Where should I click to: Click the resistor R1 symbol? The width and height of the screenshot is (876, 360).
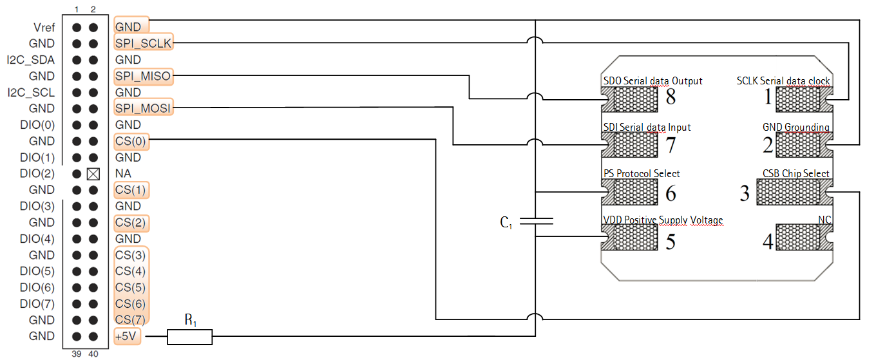189,336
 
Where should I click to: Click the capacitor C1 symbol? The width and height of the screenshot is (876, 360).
536,222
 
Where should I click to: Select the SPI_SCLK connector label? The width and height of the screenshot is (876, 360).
143,43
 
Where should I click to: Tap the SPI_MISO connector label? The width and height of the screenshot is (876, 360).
143,76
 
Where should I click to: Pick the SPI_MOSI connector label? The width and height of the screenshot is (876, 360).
143,108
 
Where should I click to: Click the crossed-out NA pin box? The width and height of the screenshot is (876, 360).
93,174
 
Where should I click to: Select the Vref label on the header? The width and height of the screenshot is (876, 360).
44,27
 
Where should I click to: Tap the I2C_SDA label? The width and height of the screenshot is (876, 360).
31,60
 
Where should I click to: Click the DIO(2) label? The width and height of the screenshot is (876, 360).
37,174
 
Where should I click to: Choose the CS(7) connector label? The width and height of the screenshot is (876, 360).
131,319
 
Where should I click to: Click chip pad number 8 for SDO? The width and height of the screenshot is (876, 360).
635,99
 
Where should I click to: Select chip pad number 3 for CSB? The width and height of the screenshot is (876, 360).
789,192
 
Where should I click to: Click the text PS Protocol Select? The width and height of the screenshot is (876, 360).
641,173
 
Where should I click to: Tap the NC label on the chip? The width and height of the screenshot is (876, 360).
824,220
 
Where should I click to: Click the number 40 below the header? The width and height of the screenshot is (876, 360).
93,354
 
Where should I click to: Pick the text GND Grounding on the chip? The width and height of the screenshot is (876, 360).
795,127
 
